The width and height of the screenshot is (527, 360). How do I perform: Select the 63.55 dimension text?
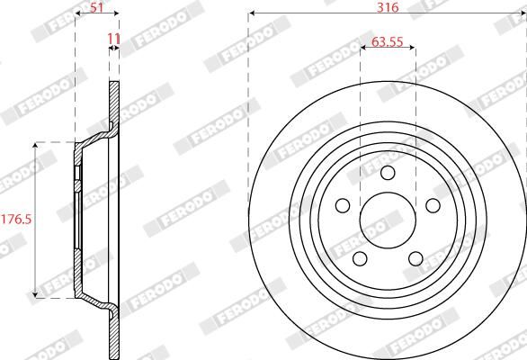coord(388,41)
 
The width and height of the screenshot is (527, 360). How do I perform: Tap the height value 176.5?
coord(15,219)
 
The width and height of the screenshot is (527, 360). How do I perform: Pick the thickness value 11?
coord(113,40)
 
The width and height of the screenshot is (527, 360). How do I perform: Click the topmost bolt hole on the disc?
coord(388,174)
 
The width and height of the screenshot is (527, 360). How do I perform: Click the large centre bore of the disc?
coord(388,220)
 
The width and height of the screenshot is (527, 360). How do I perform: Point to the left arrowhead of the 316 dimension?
coord(252,13)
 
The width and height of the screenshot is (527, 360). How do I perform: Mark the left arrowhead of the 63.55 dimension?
coord(363,49)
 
